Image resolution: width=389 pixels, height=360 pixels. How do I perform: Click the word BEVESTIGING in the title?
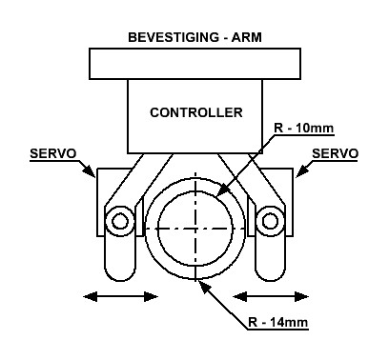pyautogui.click(x=174, y=37)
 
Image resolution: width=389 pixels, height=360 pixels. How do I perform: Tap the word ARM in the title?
pyautogui.click(x=246, y=37)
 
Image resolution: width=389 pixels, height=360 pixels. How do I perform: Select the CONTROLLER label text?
pyautogui.click(x=196, y=112)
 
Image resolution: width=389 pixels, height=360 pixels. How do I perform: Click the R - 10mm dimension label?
pyautogui.click(x=303, y=129)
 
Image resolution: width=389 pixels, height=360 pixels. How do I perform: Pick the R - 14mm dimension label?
pyautogui.click(x=278, y=323)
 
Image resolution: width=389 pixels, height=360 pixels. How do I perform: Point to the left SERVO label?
pyautogui.click(x=53, y=153)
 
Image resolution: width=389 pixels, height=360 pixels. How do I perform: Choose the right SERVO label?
pyautogui.click(x=336, y=153)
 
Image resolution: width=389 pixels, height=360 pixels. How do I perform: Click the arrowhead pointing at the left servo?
pyautogui.click(x=89, y=170)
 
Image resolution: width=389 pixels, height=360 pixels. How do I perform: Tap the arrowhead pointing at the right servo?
pyautogui.click(x=302, y=170)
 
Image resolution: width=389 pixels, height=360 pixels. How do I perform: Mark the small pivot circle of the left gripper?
pyautogui.click(x=120, y=221)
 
